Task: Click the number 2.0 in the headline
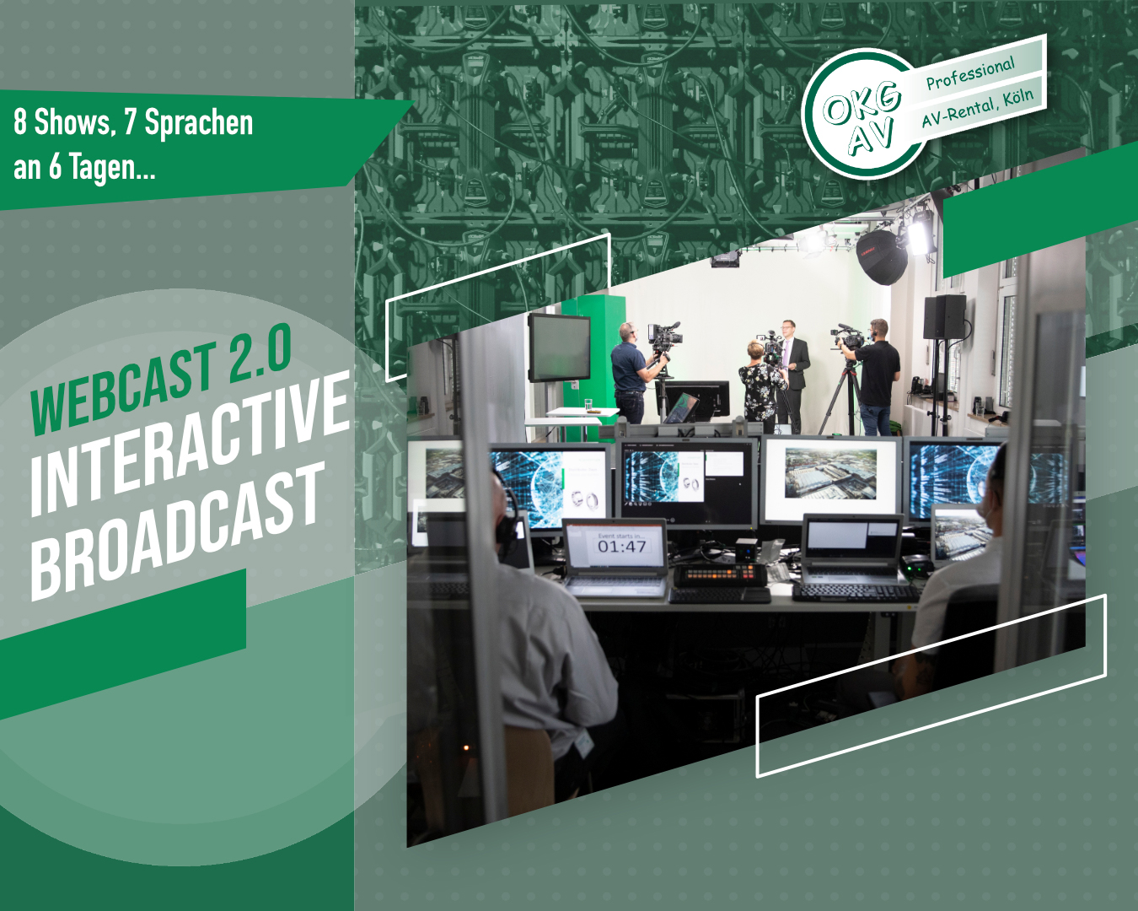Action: click(260, 355)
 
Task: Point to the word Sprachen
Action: click(199, 123)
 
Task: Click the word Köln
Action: click(1017, 97)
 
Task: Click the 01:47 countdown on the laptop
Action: click(621, 547)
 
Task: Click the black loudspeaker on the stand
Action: click(944, 317)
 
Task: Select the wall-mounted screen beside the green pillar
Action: click(558, 347)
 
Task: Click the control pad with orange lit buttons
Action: click(719, 575)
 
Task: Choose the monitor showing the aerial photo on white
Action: click(830, 477)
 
